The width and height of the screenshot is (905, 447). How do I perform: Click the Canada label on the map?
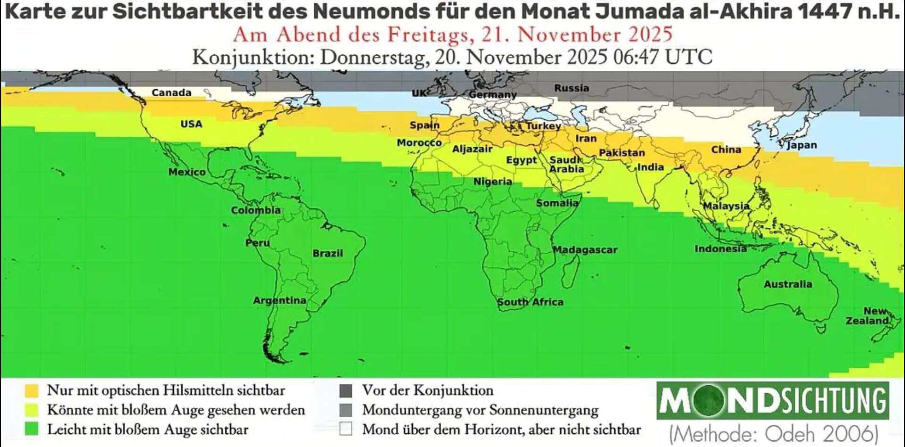(171, 93)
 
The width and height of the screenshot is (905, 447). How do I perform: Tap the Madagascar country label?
(585, 250)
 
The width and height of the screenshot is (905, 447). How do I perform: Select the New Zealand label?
(868, 316)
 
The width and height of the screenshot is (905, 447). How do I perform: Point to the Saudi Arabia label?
(566, 165)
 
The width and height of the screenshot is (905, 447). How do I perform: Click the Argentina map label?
(280, 300)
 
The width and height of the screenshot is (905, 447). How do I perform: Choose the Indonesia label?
(720, 249)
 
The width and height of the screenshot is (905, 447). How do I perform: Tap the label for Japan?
(802, 145)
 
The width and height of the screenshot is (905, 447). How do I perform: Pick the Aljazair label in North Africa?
(472, 149)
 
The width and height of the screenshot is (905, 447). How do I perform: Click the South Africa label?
(530, 302)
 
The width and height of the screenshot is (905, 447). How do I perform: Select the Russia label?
(571, 88)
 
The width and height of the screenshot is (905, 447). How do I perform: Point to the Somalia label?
(557, 203)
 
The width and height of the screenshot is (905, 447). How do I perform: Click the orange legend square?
(32, 390)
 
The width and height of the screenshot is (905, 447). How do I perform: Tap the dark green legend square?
(32, 429)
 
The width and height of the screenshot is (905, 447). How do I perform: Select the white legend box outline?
(346, 429)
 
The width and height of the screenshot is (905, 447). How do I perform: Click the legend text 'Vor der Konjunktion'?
(428, 390)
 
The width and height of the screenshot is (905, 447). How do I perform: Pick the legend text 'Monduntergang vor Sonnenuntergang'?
(480, 410)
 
